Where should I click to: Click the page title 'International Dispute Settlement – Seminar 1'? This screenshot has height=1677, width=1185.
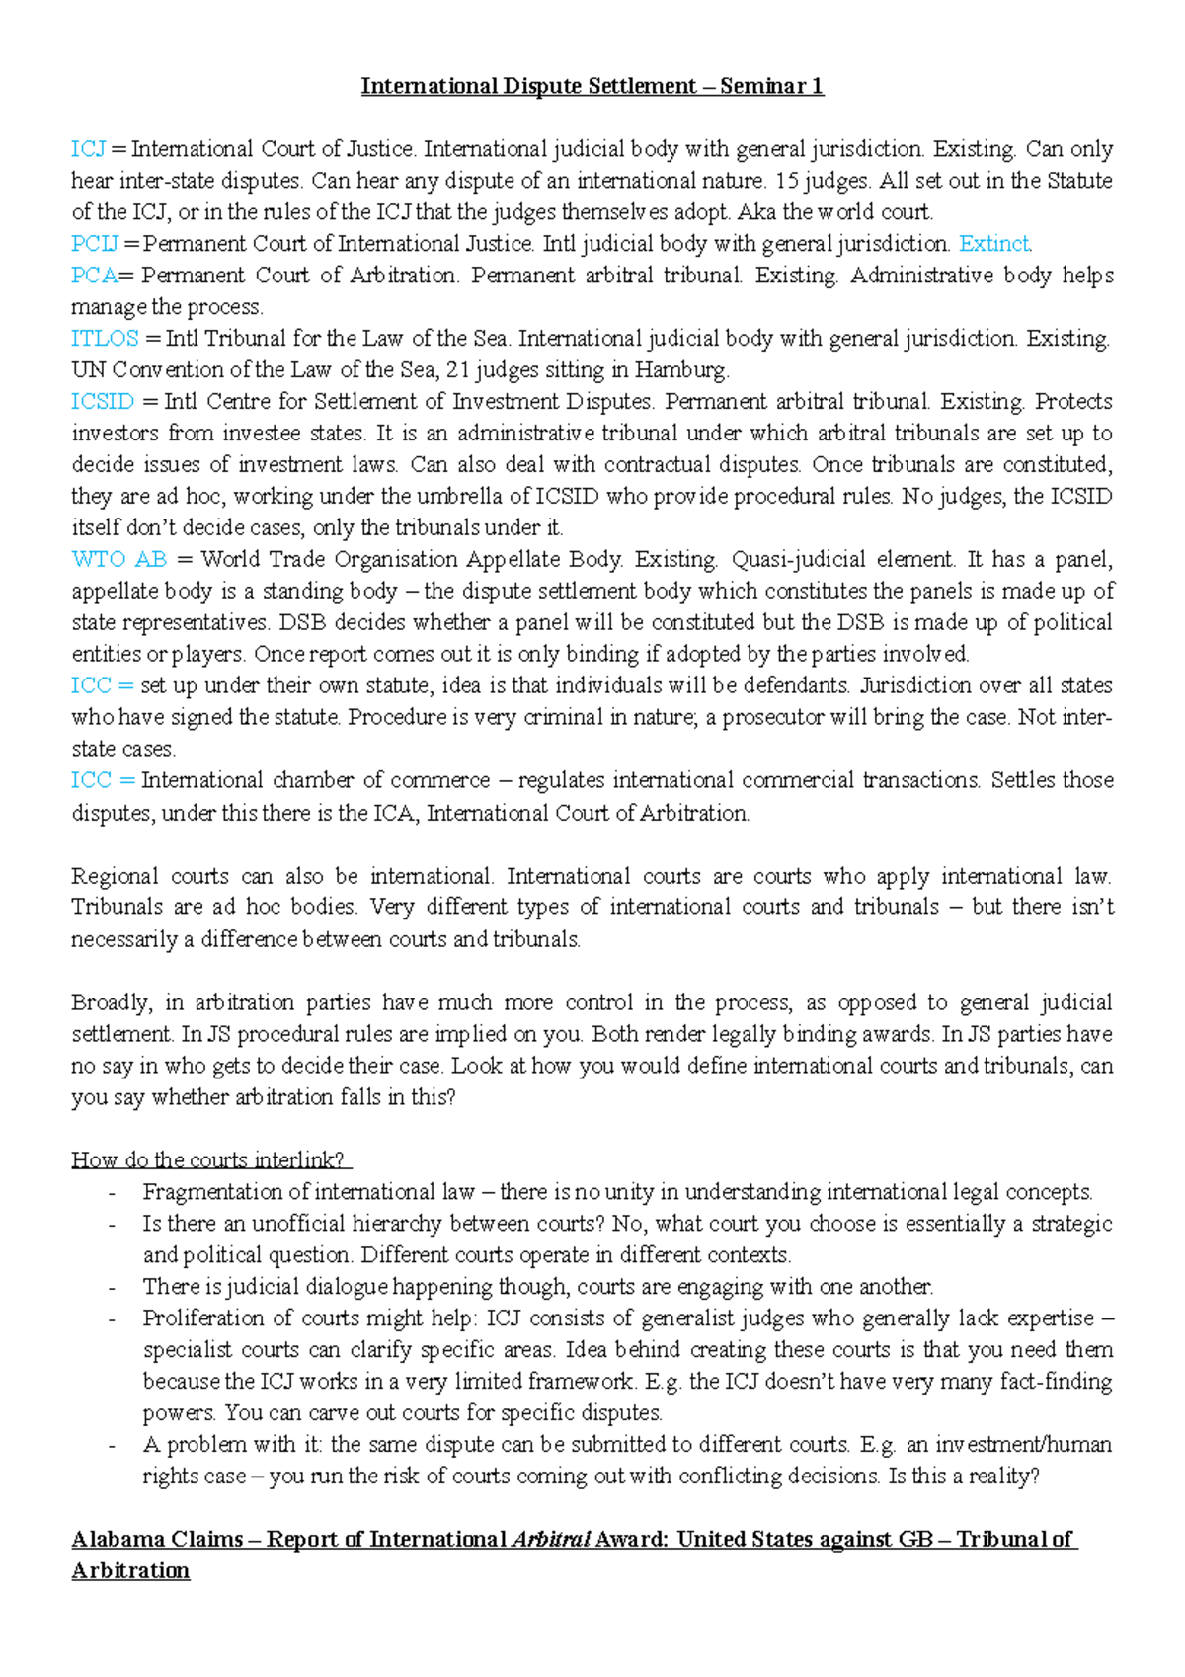(x=592, y=87)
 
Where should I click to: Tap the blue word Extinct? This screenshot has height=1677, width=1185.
(x=994, y=244)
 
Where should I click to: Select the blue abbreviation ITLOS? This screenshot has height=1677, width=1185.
(x=105, y=339)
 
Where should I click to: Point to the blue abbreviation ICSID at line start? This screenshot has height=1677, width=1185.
(x=103, y=402)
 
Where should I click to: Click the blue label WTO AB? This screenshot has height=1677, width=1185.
(x=119, y=560)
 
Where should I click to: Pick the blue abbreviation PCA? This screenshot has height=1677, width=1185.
(x=94, y=276)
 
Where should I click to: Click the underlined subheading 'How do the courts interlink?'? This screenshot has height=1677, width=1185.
(x=210, y=1160)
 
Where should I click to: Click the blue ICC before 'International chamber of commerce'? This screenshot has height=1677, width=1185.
(x=91, y=780)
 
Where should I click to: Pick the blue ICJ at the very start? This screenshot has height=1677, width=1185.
(x=88, y=149)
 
